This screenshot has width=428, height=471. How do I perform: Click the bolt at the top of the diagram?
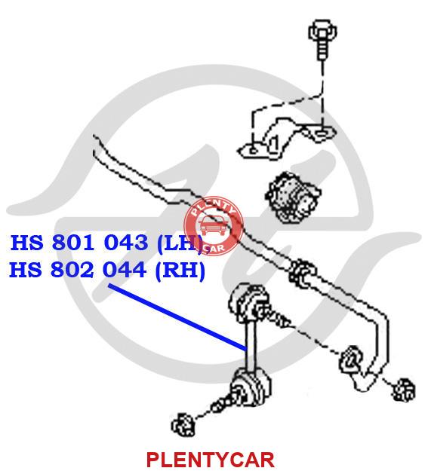tap(322, 38)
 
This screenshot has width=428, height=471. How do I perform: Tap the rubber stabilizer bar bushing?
tap(293, 197)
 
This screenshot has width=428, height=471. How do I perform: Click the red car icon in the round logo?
tap(213, 226)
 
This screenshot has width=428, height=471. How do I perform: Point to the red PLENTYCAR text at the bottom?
tap(211, 460)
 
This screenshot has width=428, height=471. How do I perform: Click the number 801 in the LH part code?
tap(72, 243)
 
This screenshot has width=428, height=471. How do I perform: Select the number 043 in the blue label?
tap(126, 243)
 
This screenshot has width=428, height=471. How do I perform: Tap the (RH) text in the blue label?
tap(180, 271)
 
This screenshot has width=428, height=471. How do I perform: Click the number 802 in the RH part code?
tap(72, 270)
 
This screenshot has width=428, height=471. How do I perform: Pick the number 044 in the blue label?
tap(125, 270)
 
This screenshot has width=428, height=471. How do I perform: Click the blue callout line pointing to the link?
tap(177, 317)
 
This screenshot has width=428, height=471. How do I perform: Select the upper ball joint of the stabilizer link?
tap(248, 302)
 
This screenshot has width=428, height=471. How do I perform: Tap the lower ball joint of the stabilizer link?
tap(251, 387)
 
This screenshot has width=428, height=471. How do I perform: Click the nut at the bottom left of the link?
tap(183, 424)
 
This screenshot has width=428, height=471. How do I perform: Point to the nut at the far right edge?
tap(404, 390)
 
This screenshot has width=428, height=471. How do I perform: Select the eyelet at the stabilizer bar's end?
tap(350, 360)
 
